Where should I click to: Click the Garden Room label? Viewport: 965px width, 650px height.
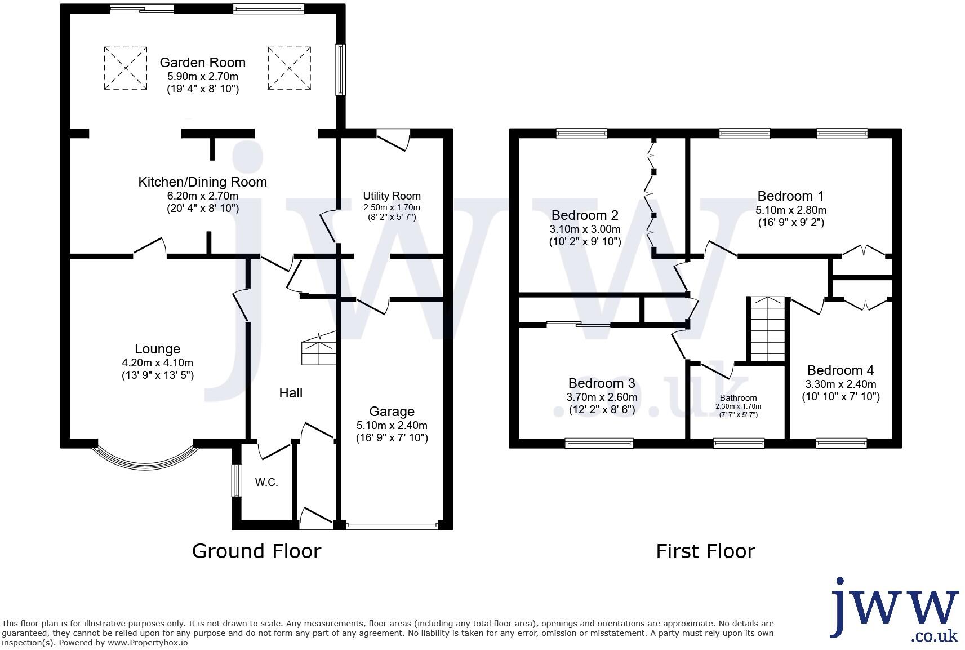(202, 63)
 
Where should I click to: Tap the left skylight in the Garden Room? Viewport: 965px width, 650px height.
(125, 68)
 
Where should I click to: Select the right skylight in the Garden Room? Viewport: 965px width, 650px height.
(289, 68)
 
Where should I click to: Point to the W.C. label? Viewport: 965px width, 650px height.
(266, 483)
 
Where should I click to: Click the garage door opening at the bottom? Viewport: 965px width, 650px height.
(392, 526)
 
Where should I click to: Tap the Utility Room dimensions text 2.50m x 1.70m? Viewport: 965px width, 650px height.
(392, 207)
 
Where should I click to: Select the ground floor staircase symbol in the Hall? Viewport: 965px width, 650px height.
(319, 350)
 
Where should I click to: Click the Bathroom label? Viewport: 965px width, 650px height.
(738, 398)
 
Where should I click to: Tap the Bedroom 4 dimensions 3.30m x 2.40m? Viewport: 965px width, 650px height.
(840, 384)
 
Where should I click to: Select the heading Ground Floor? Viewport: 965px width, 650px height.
(256, 551)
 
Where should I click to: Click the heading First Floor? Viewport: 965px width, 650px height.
(705, 551)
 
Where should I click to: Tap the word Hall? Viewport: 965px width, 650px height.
(291, 393)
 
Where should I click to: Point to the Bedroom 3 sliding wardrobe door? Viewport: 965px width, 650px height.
(579, 324)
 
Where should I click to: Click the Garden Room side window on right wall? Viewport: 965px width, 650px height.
(340, 70)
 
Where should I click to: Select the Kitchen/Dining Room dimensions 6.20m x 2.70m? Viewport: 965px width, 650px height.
(202, 196)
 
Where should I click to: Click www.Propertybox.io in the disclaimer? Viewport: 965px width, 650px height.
(148, 643)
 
